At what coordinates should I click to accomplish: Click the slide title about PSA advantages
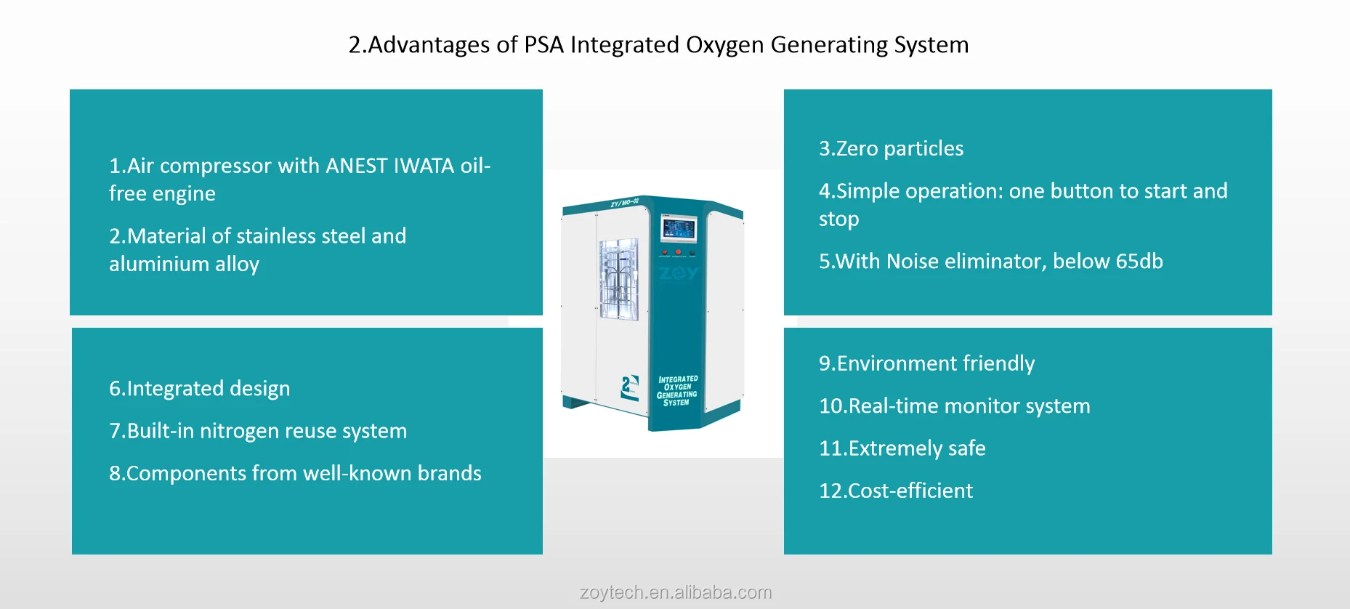[x=658, y=45]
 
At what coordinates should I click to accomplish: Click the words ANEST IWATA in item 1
[x=390, y=166]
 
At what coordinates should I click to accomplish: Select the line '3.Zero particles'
[x=891, y=148]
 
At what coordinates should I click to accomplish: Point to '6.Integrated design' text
[x=199, y=389]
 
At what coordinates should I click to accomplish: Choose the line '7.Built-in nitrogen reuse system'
[x=258, y=431]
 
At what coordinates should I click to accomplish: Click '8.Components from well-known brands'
[x=295, y=473]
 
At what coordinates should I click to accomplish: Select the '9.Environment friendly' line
[x=926, y=363]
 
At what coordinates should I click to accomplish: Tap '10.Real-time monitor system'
[x=954, y=406]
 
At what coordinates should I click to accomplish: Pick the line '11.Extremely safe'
[x=902, y=448]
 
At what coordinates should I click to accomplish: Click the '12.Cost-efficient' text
[x=895, y=491]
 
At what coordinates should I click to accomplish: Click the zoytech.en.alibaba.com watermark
[x=676, y=592]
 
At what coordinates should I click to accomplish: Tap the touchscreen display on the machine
[x=678, y=230]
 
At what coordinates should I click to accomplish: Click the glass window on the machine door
[x=618, y=280]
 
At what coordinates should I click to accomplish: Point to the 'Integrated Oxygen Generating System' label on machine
[x=677, y=390]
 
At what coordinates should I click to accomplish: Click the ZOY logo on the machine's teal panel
[x=679, y=273]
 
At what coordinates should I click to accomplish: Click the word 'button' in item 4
[x=1081, y=191]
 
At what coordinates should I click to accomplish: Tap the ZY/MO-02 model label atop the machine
[x=624, y=203]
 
